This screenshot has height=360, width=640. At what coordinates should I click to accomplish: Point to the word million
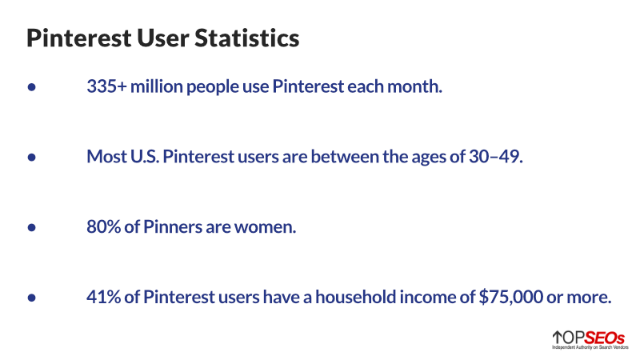click(158, 86)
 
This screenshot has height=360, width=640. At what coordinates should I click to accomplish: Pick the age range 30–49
click(496, 157)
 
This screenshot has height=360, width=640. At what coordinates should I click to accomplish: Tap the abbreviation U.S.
click(146, 157)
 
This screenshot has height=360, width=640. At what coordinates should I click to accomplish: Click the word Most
click(106, 157)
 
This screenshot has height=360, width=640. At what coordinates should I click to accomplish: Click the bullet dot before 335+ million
click(32, 87)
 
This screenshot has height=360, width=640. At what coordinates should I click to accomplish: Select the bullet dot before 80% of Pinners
click(32, 228)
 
